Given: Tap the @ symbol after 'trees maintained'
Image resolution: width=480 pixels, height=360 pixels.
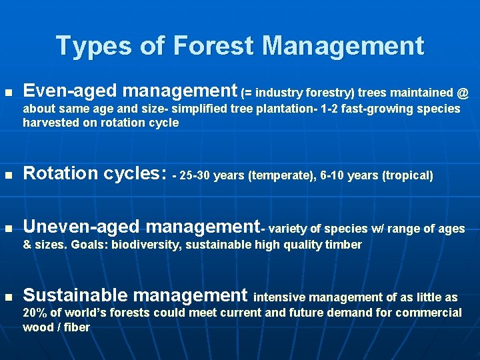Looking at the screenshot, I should pyautogui.click(x=463, y=92).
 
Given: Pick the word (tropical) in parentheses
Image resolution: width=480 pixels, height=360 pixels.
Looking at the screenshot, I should pyautogui.click(x=408, y=176).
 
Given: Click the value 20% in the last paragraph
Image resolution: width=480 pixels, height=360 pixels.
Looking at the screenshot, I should pyautogui.click(x=35, y=313).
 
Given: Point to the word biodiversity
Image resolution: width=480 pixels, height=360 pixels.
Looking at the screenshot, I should pyautogui.click(x=147, y=245).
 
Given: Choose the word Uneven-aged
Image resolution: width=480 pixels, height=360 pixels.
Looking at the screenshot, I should pyautogui.click(x=81, y=228).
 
